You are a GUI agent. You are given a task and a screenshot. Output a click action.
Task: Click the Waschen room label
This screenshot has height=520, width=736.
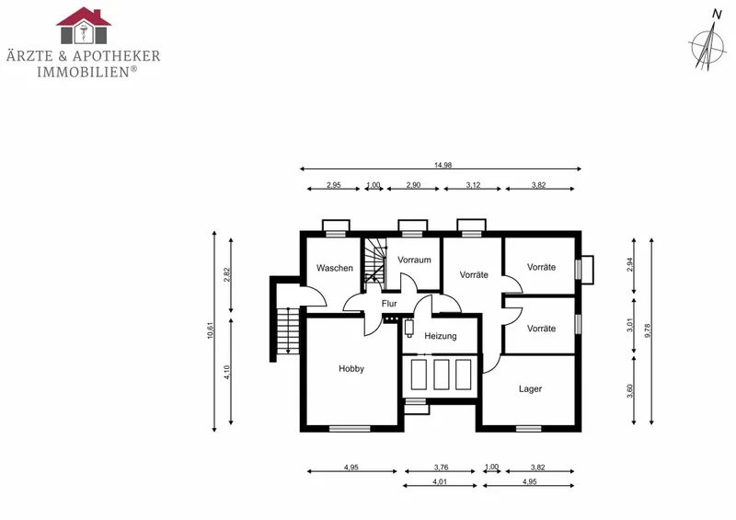(335, 268)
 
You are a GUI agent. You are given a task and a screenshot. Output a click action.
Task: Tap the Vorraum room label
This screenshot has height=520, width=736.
(414, 260)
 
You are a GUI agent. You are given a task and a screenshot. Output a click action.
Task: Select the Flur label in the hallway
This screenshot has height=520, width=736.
(389, 304)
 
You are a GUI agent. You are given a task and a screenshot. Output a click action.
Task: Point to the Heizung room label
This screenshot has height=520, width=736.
(441, 336)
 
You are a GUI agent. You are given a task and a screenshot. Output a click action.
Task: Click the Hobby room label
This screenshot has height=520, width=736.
(351, 369)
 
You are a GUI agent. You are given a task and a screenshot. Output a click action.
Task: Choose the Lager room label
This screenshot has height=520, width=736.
(531, 389)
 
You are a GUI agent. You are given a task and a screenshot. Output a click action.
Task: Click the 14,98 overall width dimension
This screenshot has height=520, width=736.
(443, 165)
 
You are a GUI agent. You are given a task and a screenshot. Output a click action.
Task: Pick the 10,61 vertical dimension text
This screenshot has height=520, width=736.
(210, 329)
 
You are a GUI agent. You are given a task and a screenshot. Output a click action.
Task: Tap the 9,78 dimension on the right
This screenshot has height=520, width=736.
(648, 330)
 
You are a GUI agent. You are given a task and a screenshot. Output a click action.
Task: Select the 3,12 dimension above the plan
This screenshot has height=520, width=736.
(473, 185)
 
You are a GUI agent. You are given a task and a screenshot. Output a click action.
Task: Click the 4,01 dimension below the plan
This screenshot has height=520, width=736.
(440, 481)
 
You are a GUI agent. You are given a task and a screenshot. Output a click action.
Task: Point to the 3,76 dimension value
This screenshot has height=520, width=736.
(441, 468)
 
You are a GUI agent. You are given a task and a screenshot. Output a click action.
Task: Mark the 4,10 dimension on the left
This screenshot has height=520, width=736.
(226, 373)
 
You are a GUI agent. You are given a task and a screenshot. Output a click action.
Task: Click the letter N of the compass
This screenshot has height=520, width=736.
(717, 15)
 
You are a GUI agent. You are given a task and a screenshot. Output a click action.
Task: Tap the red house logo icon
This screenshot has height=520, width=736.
(84, 26)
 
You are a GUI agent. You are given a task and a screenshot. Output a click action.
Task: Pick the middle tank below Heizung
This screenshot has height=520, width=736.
(442, 375)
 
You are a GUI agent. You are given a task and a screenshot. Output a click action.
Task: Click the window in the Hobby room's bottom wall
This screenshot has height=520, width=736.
(350, 428)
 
